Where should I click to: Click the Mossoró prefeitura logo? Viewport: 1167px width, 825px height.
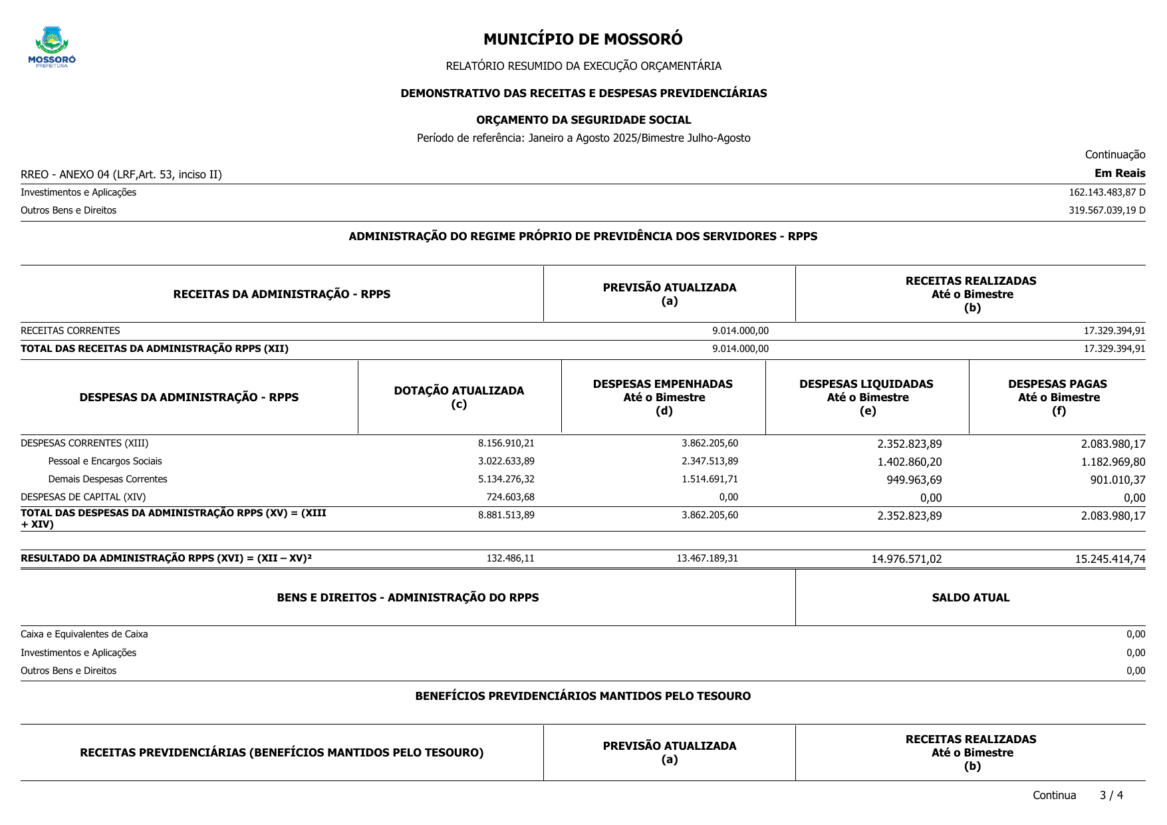pyautogui.click(x=52, y=47)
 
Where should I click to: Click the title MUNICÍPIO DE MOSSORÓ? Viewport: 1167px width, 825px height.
pyautogui.click(x=583, y=39)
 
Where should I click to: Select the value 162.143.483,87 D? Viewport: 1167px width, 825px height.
pyautogui.click(x=1106, y=192)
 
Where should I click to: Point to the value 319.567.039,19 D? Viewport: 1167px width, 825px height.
pyautogui.click(x=1106, y=210)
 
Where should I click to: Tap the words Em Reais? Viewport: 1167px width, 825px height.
pyautogui.click(x=1120, y=174)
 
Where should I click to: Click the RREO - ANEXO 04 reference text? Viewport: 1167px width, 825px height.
pyautogui.click(x=121, y=174)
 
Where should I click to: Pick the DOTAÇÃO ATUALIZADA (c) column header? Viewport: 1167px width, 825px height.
pyautogui.click(x=459, y=397)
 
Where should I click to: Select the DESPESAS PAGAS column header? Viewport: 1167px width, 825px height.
pyautogui.click(x=1057, y=397)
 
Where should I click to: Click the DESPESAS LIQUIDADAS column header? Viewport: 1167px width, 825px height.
pyautogui.click(x=866, y=397)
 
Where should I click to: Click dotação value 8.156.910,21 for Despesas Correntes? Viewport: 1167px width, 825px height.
pyautogui.click(x=506, y=443)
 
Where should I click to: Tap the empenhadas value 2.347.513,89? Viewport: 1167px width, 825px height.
pyautogui.click(x=710, y=461)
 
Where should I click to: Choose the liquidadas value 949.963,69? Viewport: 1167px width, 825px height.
pyautogui.click(x=914, y=480)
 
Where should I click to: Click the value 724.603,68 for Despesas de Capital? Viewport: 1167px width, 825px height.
pyautogui.click(x=510, y=497)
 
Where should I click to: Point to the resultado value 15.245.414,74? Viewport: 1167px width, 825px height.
pyautogui.click(x=1110, y=559)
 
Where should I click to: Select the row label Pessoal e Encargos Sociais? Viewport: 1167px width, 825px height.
pyautogui.click(x=105, y=461)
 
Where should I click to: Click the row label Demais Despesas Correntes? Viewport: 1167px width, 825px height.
pyautogui.click(x=108, y=479)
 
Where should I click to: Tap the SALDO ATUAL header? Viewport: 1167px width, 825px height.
pyautogui.click(x=970, y=597)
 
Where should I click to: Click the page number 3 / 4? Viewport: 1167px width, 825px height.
pyautogui.click(x=1111, y=795)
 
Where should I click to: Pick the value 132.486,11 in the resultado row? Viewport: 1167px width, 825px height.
pyautogui.click(x=510, y=558)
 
